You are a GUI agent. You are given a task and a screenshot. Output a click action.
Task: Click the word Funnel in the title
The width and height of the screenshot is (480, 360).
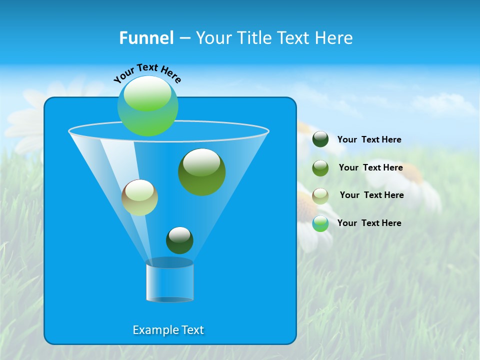coord(146,38)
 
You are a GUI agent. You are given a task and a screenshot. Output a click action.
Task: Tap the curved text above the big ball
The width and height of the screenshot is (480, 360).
coord(147,73)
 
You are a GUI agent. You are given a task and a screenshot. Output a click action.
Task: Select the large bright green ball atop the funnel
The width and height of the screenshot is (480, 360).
coord(148,106)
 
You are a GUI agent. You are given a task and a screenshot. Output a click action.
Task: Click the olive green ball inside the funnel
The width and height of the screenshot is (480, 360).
coord(201,172)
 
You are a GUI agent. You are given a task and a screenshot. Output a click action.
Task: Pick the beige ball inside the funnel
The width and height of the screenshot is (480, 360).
coord(139,197)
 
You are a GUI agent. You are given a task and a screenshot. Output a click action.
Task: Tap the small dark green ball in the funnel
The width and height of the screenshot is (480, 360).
coord(179,240)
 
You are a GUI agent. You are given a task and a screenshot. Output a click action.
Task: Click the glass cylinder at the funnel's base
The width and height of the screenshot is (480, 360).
coord(169,281)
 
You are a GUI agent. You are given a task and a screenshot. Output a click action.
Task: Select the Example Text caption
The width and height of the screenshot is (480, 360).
coord(168,330)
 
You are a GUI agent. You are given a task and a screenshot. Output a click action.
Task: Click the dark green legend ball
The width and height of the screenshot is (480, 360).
coord(320,139)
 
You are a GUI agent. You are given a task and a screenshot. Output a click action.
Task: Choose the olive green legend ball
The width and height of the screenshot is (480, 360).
coord(320,167)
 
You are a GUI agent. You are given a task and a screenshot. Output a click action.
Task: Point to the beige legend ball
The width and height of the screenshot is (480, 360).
coord(320,195)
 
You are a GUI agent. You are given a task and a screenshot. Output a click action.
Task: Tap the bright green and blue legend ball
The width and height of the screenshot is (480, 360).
coord(320,223)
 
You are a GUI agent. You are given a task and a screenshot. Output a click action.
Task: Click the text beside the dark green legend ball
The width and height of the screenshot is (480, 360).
coord(369,139)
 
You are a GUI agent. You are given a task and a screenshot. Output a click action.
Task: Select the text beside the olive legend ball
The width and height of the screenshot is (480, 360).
coord(370,167)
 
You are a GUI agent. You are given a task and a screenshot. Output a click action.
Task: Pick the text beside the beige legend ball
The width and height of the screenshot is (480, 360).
coord(371,195)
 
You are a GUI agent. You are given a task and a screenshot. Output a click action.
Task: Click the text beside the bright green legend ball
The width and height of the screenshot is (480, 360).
coord(369,223)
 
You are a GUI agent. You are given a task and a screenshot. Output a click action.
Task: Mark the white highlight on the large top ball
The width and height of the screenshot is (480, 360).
coord(147,93)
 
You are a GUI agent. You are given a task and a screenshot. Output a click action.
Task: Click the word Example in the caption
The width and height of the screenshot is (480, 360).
coord(153,330)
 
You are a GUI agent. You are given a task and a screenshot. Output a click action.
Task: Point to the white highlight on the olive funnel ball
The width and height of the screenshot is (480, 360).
coord(201,162)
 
